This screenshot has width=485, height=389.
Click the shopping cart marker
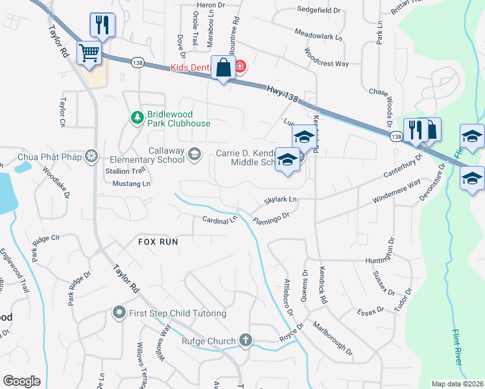click(x=89, y=53)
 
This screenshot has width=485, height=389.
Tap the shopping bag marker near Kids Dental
click(x=223, y=67)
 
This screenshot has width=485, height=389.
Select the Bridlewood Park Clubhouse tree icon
click(x=137, y=117)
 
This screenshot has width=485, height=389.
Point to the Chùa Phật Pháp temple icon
click(x=92, y=156)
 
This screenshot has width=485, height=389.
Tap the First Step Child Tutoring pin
click(x=119, y=313)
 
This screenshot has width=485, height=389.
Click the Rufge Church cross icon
click(x=245, y=339)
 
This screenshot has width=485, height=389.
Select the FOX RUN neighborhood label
click(x=158, y=241)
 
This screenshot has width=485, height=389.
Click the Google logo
click(x=21, y=381)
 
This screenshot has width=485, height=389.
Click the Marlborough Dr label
click(x=333, y=339)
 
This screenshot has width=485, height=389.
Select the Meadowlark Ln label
click(x=318, y=34)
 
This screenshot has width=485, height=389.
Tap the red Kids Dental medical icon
click(x=240, y=67)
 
